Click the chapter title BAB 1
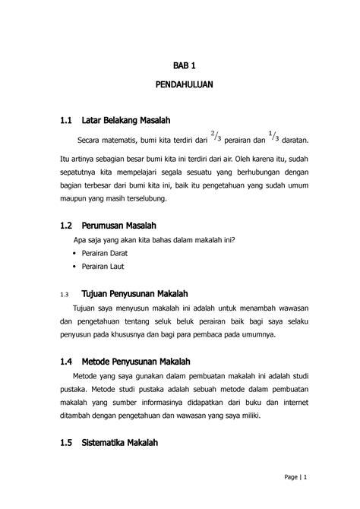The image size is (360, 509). pos(185,66)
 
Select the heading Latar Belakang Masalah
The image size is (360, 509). pos(125,121)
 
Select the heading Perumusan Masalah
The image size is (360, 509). pos(118,226)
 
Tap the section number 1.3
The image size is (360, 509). pos(63,294)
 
